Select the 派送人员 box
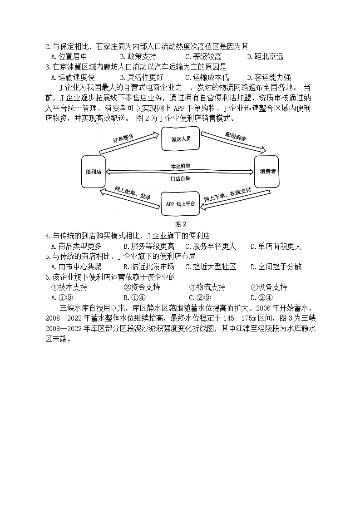click(181, 139)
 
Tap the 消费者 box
click(266, 172)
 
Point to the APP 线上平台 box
click(180, 204)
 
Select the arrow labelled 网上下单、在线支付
click(227, 199)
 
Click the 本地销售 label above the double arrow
click(180, 165)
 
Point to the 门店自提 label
click(180, 178)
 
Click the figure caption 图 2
click(180, 224)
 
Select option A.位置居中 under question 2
click(69, 56)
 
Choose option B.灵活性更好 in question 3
click(141, 77)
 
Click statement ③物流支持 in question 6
click(207, 287)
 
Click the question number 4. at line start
click(48, 236)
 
